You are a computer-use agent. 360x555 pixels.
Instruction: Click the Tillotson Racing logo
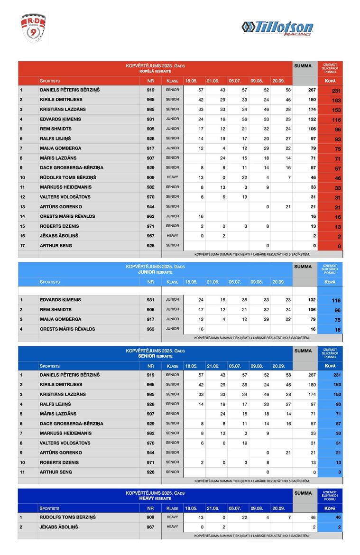click(277, 28)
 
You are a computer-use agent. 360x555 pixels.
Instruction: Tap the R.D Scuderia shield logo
click(34, 28)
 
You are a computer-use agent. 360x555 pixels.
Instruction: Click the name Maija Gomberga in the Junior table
click(60, 319)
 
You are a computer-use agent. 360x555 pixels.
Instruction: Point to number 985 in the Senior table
click(150, 394)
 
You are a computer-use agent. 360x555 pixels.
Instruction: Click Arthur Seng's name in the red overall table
click(56, 245)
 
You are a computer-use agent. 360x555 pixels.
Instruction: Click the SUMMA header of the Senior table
click(303, 351)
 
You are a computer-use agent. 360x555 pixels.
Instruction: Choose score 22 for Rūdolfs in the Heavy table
click(244, 517)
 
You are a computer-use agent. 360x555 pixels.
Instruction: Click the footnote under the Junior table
click(251, 338)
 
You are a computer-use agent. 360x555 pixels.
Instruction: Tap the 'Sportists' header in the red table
click(50, 81)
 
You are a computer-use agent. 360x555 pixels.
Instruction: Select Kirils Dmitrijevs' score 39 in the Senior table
click(244, 385)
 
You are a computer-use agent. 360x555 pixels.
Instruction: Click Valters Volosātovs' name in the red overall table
click(65, 197)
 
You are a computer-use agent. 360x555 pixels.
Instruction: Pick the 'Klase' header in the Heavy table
click(172, 508)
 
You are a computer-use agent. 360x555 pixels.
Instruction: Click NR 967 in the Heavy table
click(150, 527)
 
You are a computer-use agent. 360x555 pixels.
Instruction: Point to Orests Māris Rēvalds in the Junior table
click(67, 329)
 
